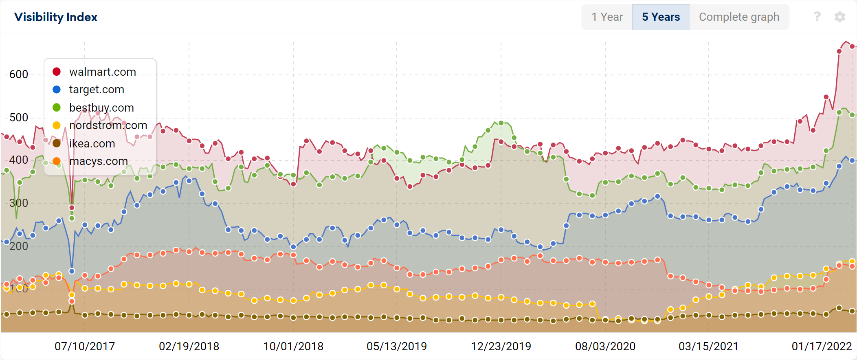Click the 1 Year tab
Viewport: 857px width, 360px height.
click(x=607, y=17)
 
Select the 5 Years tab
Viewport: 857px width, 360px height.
click(x=661, y=17)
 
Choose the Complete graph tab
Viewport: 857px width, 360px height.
click(x=739, y=17)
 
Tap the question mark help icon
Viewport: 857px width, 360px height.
click(x=817, y=17)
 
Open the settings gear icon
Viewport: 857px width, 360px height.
click(x=839, y=17)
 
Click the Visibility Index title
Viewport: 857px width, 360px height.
click(x=56, y=17)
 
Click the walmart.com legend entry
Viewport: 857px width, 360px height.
click(x=102, y=72)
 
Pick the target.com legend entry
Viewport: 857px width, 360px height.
click(x=97, y=90)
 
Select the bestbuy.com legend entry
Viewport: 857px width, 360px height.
click(x=101, y=108)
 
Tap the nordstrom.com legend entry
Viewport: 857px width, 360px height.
click(x=108, y=125)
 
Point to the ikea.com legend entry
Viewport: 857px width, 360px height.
click(x=92, y=143)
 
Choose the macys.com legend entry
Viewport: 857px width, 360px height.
click(x=98, y=161)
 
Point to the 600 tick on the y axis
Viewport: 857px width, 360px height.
click(x=19, y=75)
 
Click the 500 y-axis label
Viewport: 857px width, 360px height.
click(x=19, y=118)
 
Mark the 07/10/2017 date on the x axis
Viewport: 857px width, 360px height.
click(x=85, y=347)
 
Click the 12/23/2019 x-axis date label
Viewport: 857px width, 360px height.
click(x=501, y=347)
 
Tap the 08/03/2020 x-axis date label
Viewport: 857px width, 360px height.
click(x=605, y=347)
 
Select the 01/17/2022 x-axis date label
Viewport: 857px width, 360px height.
click(x=822, y=347)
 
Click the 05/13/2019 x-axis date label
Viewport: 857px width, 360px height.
click(x=397, y=347)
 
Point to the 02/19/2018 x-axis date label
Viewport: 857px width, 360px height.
click(x=189, y=347)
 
